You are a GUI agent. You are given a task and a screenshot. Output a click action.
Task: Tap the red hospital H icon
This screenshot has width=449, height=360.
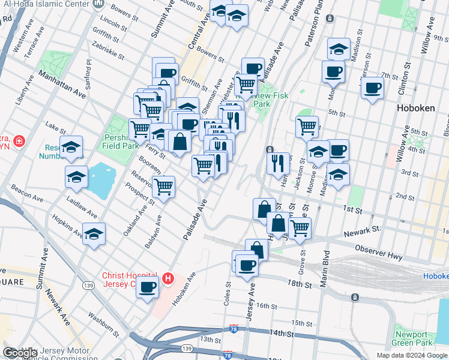coord(169,279)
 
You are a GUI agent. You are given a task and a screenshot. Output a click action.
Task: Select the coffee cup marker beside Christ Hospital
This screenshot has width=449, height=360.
coord(148,287)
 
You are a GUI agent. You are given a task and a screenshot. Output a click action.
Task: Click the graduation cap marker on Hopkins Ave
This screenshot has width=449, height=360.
coord(94,235)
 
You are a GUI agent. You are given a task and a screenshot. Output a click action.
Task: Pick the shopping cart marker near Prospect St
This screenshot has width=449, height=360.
coord(163,187)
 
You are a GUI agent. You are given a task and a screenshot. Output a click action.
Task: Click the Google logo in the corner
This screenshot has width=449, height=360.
coord(20,353)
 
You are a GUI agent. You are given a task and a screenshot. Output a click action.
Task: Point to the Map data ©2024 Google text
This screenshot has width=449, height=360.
coord(411,355)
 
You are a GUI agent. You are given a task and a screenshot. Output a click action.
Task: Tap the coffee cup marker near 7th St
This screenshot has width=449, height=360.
coord(372,88)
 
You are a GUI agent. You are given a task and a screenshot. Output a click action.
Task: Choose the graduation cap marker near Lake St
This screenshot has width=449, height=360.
coord(71,147)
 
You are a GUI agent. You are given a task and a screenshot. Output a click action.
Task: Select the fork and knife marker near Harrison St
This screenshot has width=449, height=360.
coord(278,163)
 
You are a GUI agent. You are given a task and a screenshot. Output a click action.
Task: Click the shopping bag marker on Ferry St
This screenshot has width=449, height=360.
coord(179,142)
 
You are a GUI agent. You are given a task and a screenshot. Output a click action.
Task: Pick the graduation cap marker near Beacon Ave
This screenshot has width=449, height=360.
coord(76,177)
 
